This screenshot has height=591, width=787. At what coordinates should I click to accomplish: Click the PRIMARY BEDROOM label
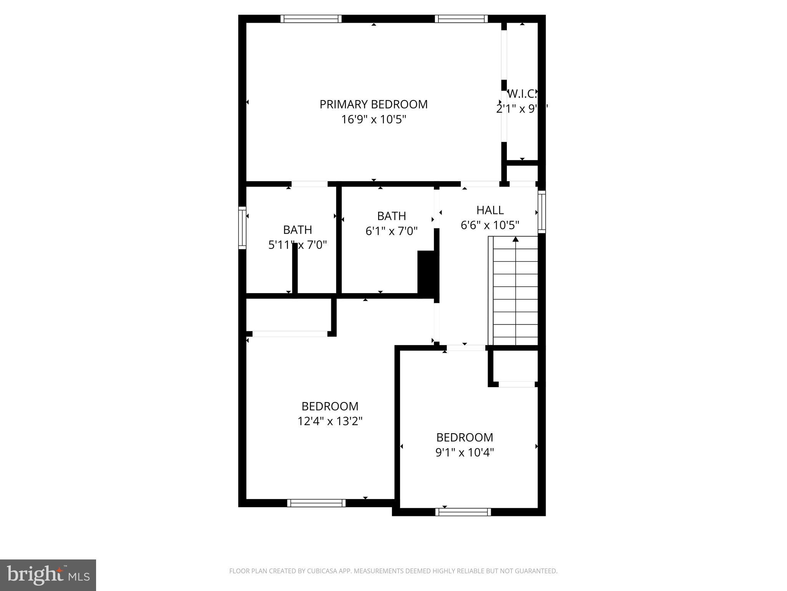[374, 104]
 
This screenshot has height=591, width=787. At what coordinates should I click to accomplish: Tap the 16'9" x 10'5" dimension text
[374, 120]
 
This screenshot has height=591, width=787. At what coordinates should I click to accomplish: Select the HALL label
[490, 210]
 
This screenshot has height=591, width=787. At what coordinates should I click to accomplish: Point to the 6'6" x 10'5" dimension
[490, 225]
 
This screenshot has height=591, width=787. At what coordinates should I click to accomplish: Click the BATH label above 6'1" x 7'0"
[391, 216]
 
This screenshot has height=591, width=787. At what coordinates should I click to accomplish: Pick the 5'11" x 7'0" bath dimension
[297, 245]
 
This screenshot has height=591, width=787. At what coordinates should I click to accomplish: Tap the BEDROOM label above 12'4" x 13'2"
[330, 406]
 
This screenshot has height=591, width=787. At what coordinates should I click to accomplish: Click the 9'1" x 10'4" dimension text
[465, 452]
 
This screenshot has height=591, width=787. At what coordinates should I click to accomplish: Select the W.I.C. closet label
[521, 93]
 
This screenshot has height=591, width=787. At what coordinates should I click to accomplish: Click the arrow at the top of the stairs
[516, 239]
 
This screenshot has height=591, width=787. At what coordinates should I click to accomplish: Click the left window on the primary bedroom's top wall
[311, 19]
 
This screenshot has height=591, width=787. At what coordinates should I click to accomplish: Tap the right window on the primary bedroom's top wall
[461, 19]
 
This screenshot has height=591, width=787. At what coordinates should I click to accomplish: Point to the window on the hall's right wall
[541, 212]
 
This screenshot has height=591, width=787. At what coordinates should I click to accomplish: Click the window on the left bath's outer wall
[242, 228]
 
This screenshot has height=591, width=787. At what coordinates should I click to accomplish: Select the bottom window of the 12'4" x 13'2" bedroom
[316, 503]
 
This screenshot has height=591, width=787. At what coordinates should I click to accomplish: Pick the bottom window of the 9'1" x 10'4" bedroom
[463, 512]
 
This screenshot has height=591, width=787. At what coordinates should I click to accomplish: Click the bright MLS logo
[48, 575]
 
